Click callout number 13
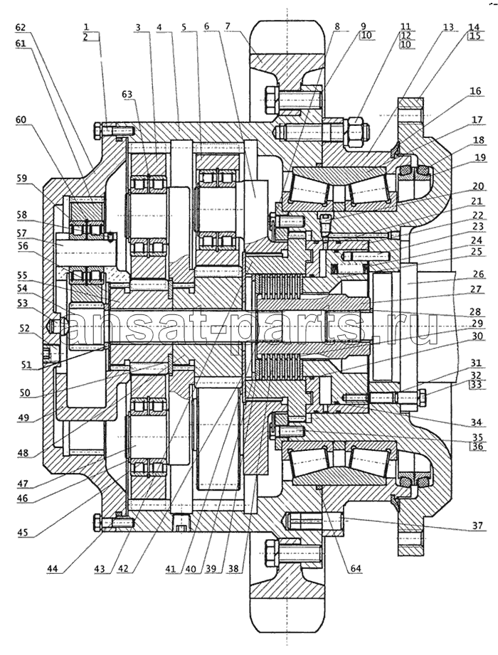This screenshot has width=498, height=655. [447, 28]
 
